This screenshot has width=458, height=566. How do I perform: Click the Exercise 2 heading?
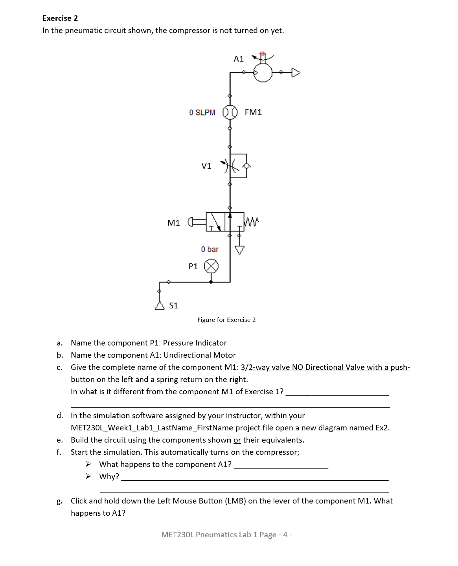click(x=60, y=18)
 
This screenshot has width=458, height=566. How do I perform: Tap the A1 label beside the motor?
click(x=239, y=59)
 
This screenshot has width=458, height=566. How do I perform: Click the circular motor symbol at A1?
click(x=263, y=72)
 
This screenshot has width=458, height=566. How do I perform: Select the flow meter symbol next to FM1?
click(x=230, y=112)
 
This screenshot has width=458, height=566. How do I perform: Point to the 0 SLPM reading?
click(x=202, y=112)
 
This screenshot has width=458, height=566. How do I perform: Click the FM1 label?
click(x=253, y=112)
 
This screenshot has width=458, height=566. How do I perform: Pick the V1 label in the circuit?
click(x=206, y=166)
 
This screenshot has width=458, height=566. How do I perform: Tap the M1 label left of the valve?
click(x=173, y=223)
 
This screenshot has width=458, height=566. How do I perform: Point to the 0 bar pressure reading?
click(x=210, y=249)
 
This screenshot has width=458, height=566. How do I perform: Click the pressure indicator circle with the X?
click(x=211, y=266)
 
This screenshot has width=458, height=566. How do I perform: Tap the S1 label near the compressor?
click(x=173, y=305)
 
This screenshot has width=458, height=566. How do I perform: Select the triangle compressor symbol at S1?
click(x=160, y=306)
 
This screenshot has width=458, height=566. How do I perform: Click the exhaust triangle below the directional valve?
click(x=239, y=250)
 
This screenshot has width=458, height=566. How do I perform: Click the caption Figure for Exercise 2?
click(x=226, y=320)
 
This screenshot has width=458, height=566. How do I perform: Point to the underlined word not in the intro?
click(x=226, y=31)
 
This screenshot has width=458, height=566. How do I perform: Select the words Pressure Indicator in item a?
click(x=195, y=343)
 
